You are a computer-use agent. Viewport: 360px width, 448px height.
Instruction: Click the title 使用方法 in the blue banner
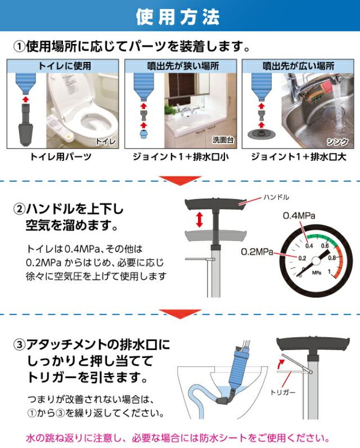pyautogui.click(x=178, y=17)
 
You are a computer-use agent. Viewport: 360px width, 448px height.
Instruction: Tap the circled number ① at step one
pyautogui.click(x=19, y=47)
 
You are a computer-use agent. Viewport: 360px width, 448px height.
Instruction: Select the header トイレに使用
pyautogui.click(x=65, y=66)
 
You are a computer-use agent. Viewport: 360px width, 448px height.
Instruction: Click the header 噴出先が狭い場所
pyautogui.click(x=183, y=66)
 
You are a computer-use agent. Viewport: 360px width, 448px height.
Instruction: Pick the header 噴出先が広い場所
pyautogui.click(x=298, y=66)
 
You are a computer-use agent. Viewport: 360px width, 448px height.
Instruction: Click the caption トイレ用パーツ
pyautogui.click(x=61, y=156)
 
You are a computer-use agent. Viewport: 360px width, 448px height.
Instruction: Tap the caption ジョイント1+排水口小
pyautogui.click(x=181, y=156)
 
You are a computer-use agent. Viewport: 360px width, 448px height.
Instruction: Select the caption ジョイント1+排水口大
pyautogui.click(x=299, y=156)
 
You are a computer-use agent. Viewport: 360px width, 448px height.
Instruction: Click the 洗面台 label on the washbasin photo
pyautogui.click(x=223, y=140)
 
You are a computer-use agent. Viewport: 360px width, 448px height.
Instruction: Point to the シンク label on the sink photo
pyautogui.click(x=337, y=141)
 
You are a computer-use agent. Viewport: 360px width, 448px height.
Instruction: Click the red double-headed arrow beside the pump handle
pyautogui.click(x=200, y=220)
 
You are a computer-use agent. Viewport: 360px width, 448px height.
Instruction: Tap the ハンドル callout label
pyautogui.click(x=276, y=197)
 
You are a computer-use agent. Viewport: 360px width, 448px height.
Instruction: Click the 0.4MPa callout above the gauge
pyautogui.click(x=299, y=216)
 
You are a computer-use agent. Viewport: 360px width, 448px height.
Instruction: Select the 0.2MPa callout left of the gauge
pyautogui.click(x=257, y=252)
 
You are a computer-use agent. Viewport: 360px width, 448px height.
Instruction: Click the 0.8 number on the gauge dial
pyautogui.click(x=332, y=258)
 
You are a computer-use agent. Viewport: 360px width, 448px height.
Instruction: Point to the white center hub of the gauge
pyautogui.click(x=316, y=261)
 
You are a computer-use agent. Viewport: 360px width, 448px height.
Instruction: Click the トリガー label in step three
pyautogui.click(x=282, y=392)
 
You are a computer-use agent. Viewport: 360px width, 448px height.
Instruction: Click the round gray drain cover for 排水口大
pyautogui.click(x=261, y=135)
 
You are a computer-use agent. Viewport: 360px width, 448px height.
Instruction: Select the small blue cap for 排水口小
pyautogui.click(x=143, y=135)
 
